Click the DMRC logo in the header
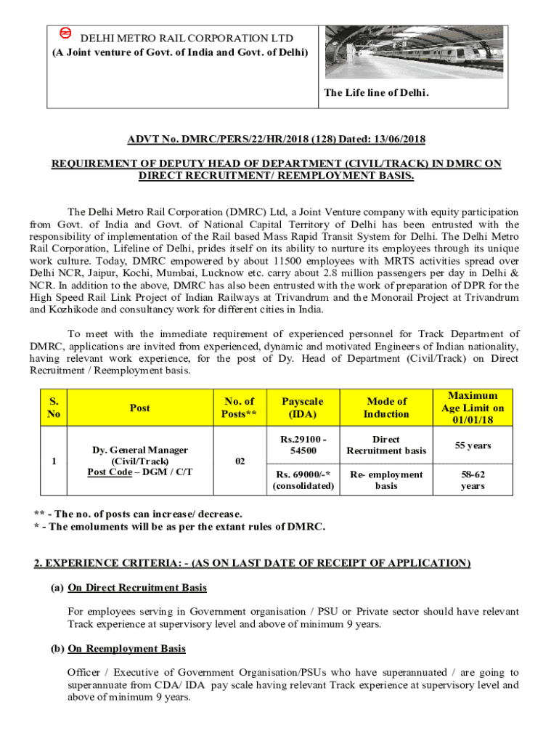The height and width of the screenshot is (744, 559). click(x=64, y=34)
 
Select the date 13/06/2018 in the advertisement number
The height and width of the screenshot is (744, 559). click(x=398, y=139)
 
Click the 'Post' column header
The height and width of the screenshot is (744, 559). click(x=139, y=408)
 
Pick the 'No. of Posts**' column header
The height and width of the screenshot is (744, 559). click(x=240, y=408)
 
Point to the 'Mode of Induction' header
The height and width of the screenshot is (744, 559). click(x=386, y=408)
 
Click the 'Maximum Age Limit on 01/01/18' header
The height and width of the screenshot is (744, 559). click(x=473, y=408)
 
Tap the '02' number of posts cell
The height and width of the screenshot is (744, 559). click(x=240, y=461)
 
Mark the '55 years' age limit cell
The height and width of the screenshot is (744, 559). click(x=473, y=445)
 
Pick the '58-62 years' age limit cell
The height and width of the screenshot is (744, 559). click(x=473, y=480)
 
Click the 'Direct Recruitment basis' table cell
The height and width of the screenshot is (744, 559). click(x=386, y=445)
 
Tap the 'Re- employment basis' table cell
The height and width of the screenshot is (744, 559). click(x=386, y=480)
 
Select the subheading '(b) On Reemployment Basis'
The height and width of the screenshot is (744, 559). click(x=126, y=649)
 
